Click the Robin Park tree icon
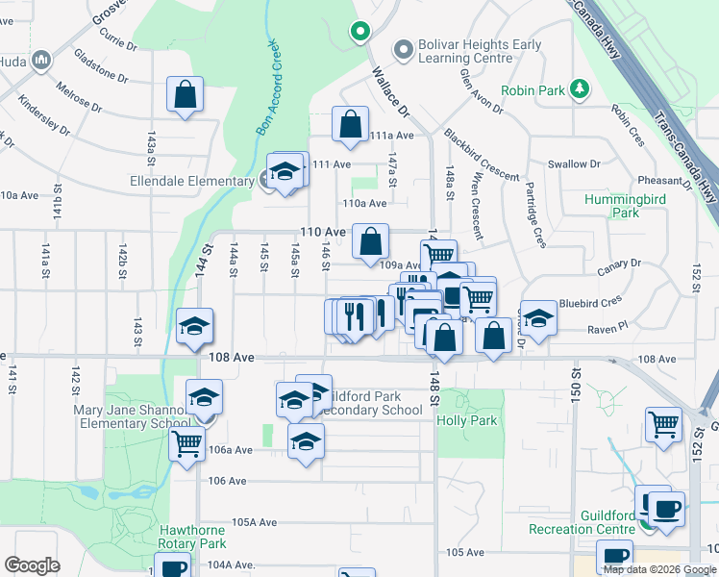[x=579, y=89]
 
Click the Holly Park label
[x=467, y=420]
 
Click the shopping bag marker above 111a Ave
[x=351, y=124]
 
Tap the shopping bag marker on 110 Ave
[x=370, y=242]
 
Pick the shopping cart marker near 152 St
[x=663, y=424]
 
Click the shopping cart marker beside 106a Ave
[x=186, y=445]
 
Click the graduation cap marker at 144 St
[x=194, y=326]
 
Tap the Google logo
[x=33, y=564]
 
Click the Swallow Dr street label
[x=574, y=164]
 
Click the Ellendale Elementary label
[x=192, y=180]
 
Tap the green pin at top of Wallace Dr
[x=360, y=32]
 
